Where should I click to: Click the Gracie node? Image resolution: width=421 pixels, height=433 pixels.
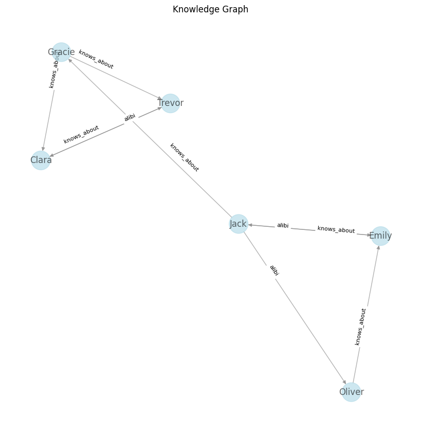point(61,52)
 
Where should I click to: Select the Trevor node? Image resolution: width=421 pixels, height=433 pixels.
point(170,103)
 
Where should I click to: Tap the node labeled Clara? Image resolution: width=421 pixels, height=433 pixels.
point(41,160)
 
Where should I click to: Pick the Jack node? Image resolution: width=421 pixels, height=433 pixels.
point(238,224)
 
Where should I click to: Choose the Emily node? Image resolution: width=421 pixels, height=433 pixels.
point(380,236)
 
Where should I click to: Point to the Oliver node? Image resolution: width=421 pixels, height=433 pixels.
point(351,392)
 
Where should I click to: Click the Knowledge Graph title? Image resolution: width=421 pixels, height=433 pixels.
point(210,9)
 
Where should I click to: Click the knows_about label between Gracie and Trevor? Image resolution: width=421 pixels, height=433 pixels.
point(96,60)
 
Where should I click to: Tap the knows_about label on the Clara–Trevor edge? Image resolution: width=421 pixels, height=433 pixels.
point(81,134)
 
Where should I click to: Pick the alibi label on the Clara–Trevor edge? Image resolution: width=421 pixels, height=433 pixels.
point(130,118)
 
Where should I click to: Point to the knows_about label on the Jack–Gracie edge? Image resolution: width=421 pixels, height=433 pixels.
point(184,157)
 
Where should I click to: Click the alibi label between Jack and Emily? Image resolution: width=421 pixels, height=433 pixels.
point(283,226)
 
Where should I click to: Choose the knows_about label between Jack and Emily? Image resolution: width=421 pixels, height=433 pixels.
point(336,230)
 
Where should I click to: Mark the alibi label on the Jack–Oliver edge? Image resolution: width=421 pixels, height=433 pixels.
point(274,270)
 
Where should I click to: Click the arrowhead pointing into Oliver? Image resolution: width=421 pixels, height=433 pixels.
point(344,382)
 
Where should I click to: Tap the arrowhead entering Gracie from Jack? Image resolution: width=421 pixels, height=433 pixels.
point(70,60)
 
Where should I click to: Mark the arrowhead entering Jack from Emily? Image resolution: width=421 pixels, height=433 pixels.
point(250,225)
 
